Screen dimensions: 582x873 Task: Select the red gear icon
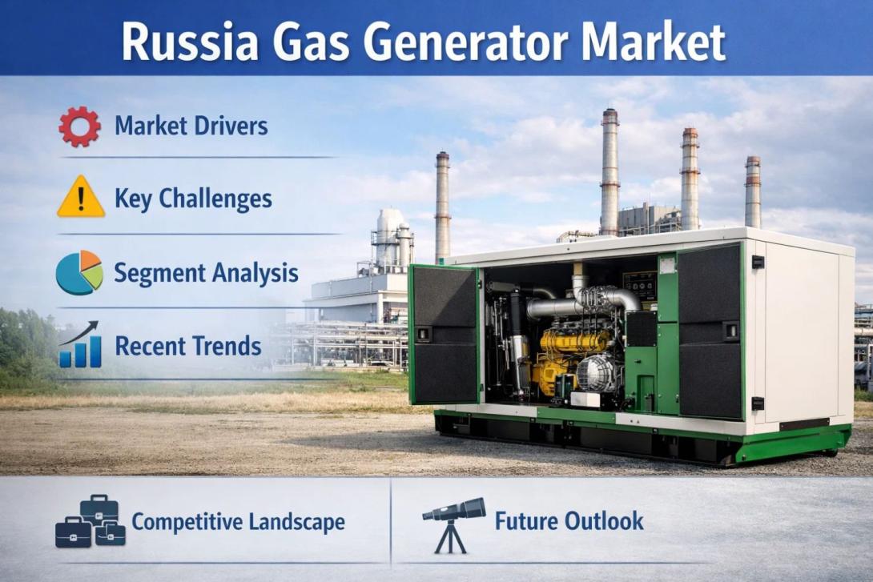pos(79,126)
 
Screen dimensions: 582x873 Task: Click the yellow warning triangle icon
pos(81,198)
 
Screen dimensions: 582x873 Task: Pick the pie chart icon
pos(79,273)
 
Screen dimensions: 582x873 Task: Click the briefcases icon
pos(90,522)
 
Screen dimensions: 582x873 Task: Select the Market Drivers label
pos(191,126)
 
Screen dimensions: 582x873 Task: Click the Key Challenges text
pos(193,199)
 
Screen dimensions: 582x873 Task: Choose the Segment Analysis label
pos(206,273)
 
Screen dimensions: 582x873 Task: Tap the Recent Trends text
pos(188,346)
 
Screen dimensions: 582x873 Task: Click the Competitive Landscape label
pos(238,522)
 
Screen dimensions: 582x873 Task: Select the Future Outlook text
pos(569,521)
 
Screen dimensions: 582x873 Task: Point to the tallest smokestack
pos(609,172)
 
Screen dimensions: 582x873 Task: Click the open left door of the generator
pos(445,335)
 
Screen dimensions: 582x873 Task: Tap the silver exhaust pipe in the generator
pos(561,305)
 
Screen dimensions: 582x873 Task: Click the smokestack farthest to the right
pos(752,192)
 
